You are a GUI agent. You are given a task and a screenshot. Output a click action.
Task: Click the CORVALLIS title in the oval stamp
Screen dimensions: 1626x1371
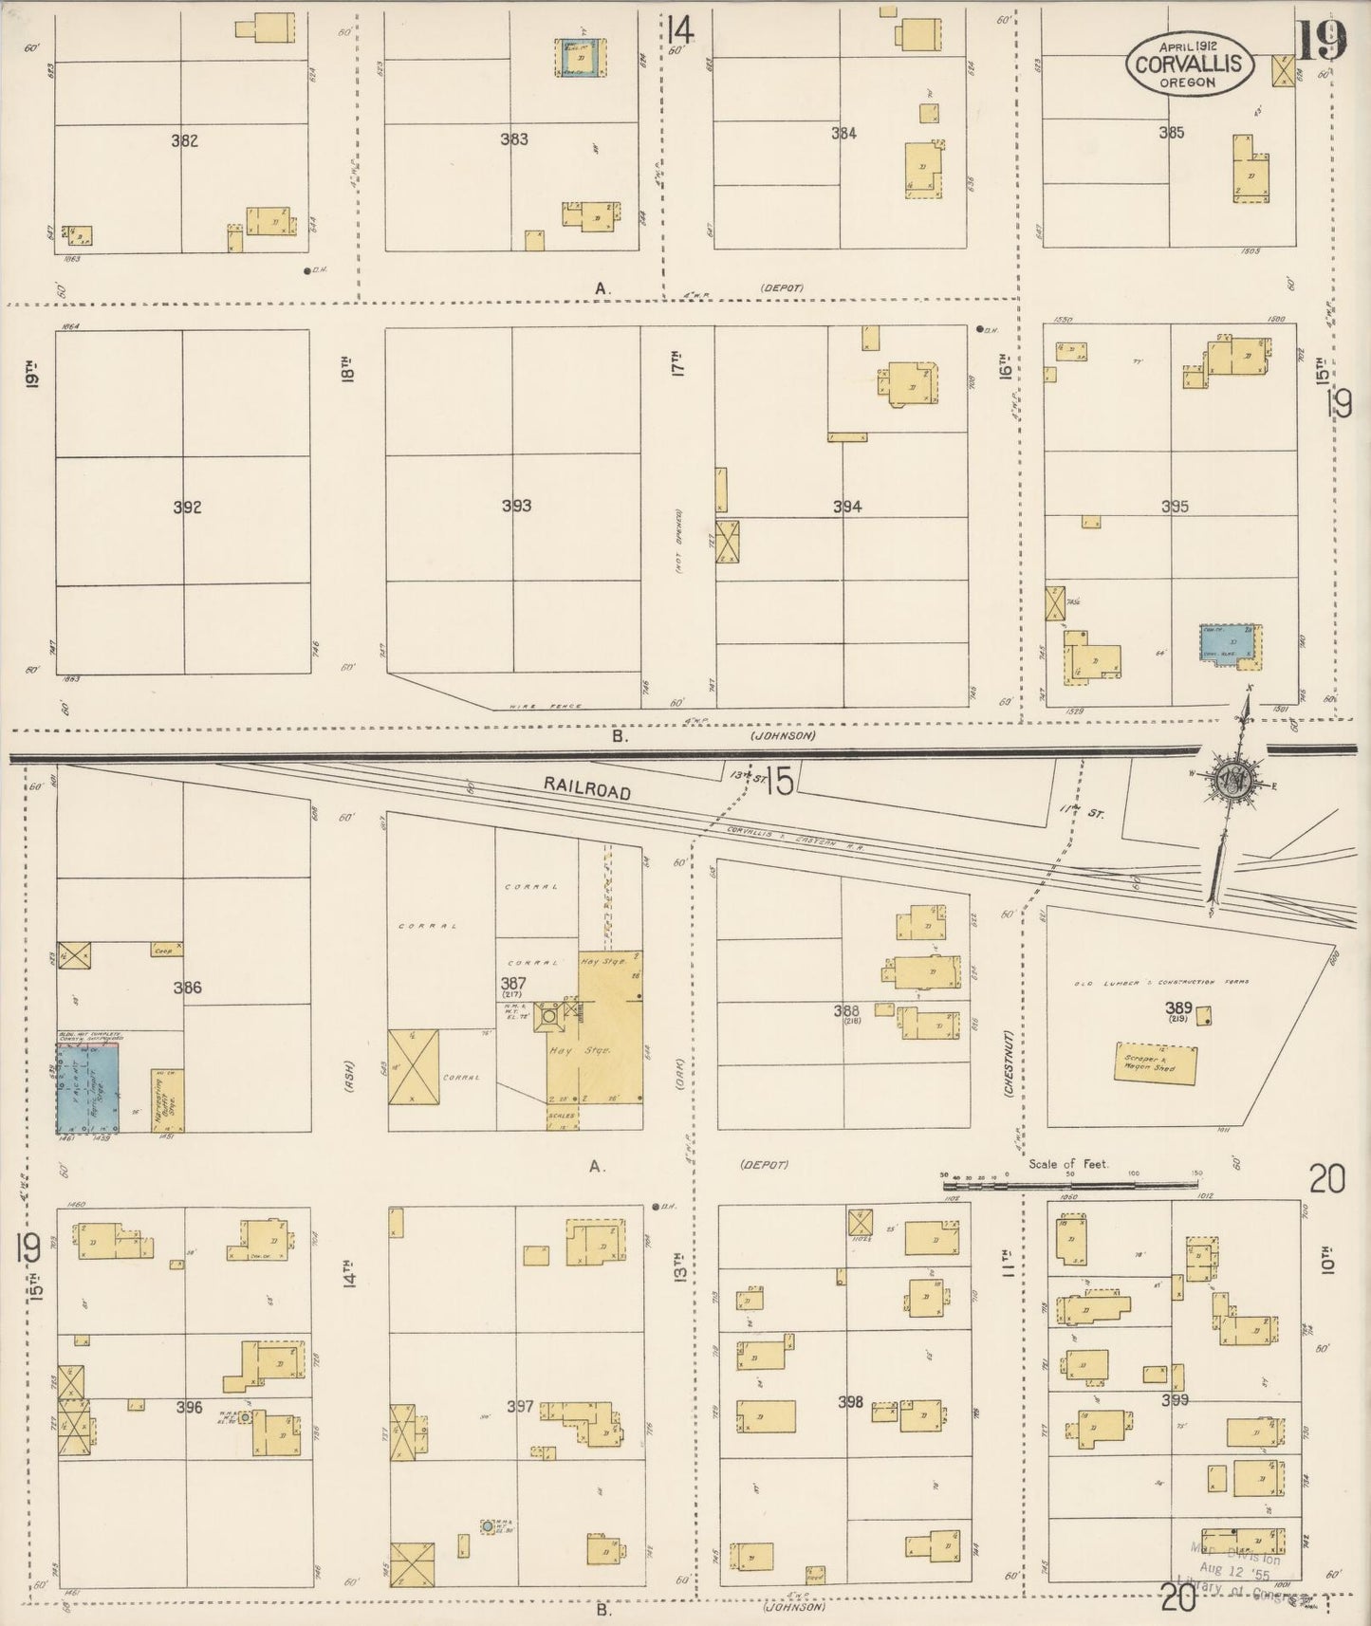tap(1190, 64)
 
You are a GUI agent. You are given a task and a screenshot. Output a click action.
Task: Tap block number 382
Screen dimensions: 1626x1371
tap(184, 140)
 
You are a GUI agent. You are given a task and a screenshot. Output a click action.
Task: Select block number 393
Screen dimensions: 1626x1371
tap(516, 506)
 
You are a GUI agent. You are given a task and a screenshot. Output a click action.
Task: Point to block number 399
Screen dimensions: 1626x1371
tap(1175, 1399)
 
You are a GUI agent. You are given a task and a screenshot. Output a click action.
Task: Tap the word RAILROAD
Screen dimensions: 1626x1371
tap(587, 788)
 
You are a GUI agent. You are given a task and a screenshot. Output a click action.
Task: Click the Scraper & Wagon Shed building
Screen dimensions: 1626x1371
tap(1154, 1065)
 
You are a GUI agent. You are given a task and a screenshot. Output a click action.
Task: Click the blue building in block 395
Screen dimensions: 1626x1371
tap(1231, 642)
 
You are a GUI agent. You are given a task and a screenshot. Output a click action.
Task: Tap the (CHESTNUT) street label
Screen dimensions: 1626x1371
tap(1011, 1064)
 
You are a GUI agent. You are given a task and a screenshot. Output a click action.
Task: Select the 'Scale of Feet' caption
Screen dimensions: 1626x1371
tap(1068, 1163)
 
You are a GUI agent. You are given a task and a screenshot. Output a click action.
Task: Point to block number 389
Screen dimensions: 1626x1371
tap(1179, 1008)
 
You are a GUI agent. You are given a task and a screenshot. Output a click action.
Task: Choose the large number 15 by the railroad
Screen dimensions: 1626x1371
tap(779, 781)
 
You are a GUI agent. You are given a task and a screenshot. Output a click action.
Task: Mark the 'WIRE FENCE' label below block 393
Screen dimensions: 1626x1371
tap(531, 706)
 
